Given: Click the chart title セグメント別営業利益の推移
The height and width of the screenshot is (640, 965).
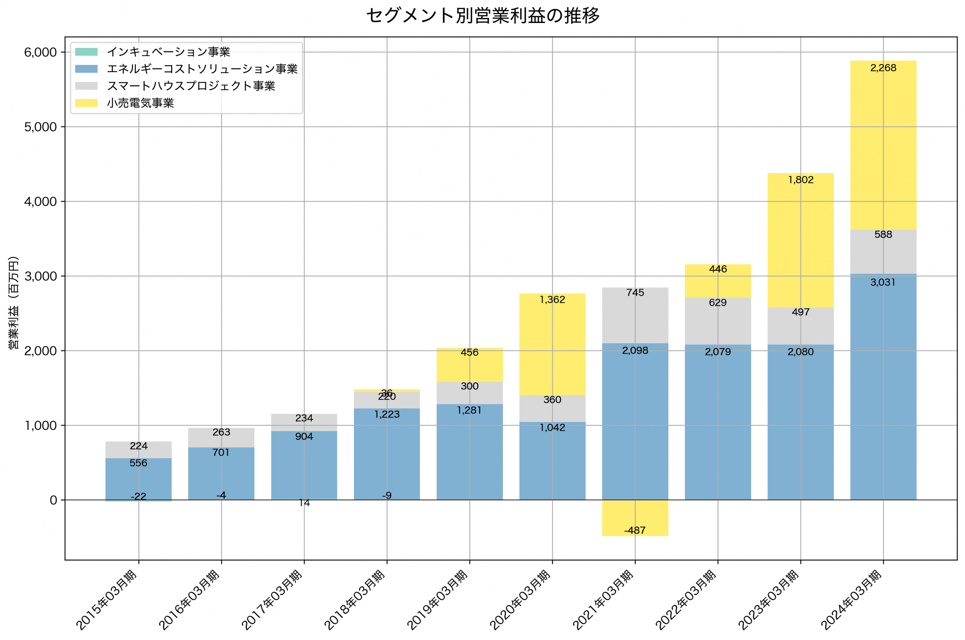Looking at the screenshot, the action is [482, 15].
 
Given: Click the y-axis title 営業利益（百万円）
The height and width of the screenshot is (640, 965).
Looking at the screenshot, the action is [14, 302].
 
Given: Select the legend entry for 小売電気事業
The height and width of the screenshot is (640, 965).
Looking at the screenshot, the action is [140, 103].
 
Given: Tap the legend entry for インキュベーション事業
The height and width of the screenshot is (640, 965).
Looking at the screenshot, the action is [168, 52].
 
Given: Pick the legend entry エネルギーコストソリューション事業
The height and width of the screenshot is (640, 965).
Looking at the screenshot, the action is [202, 69].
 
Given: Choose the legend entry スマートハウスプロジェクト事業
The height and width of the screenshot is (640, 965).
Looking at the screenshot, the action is [190, 86].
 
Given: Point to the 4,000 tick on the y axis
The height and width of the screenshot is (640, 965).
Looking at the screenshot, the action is [40, 202].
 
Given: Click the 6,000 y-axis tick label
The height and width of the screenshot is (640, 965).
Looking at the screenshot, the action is [40, 52].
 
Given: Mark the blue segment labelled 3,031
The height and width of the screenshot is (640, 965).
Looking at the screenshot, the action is [883, 388].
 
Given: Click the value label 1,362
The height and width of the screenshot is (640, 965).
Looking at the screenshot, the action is [552, 299].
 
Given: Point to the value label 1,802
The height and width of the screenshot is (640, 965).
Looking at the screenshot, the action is [800, 180].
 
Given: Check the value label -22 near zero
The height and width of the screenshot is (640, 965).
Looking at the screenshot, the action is [138, 496].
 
